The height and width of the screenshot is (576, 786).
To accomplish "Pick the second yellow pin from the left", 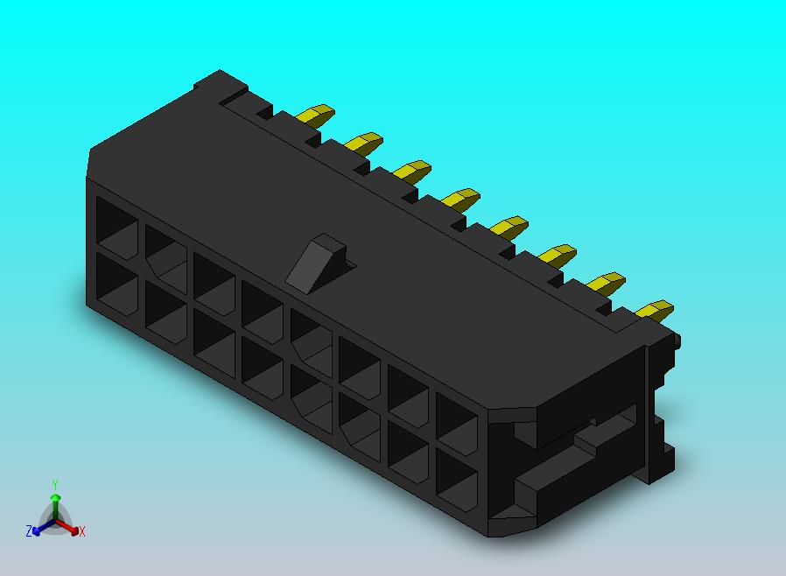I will pyautogui.click(x=364, y=142).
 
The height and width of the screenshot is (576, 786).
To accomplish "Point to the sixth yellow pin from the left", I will pyautogui.click(x=558, y=255).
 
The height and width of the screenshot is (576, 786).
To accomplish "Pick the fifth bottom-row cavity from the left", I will pyautogui.click(x=312, y=393).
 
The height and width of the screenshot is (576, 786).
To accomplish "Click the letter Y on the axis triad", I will pyautogui.click(x=55, y=484).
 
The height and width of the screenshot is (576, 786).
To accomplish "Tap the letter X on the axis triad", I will pyautogui.click(x=81, y=531).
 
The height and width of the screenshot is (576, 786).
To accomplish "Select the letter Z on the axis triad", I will pyautogui.click(x=29, y=531).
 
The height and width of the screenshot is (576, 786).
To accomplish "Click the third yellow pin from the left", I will pyautogui.click(x=412, y=169).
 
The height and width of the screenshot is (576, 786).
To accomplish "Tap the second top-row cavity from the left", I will pyautogui.click(x=165, y=251).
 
